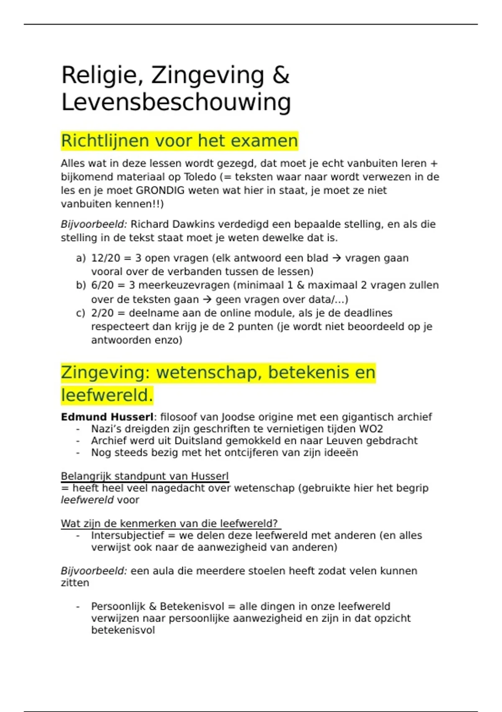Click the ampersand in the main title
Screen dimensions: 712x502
tap(280, 76)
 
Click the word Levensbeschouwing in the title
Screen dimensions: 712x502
tap(176, 103)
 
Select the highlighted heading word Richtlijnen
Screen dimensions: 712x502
tap(106, 141)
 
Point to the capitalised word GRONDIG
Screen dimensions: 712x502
tap(160, 191)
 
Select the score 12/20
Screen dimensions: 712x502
tap(105, 258)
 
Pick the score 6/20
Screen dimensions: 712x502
tap(102, 286)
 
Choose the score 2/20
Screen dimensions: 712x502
tap(102, 313)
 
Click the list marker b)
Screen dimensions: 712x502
tap(81, 286)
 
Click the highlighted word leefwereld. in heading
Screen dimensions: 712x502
tap(107, 395)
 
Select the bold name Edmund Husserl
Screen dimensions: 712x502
tap(107, 417)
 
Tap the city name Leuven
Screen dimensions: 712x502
tap(344, 441)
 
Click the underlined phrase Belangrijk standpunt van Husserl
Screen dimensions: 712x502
tap(145, 477)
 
